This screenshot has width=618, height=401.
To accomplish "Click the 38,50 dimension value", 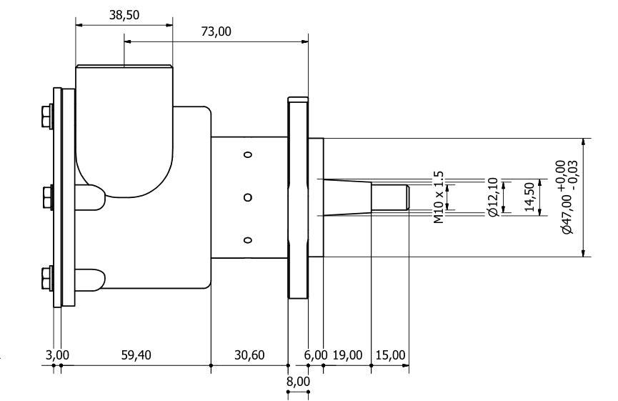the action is coord(124,15).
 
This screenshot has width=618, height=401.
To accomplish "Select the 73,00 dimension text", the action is coord(216,31).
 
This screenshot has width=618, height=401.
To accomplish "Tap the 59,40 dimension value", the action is coord(136,355).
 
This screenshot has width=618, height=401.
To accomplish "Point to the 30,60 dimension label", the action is coord(249,355).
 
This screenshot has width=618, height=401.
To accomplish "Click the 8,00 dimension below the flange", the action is coord(298,382).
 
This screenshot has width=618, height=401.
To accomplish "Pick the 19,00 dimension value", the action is coord(348,355).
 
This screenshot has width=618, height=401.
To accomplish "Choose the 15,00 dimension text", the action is coord(390,355).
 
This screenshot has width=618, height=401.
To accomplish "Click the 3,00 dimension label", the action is coord(57,355).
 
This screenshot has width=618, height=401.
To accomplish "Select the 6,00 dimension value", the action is coord(315,355).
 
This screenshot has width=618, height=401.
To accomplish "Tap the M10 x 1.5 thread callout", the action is coord(439,197).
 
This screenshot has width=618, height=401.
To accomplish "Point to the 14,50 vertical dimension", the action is coord(529,197).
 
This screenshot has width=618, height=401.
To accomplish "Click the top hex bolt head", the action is coord(46,116).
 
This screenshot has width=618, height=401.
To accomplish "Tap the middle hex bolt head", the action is coord(46,197).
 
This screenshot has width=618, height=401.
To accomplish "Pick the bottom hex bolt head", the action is coord(46,278).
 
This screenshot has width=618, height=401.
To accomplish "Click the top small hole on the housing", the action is coord(248,154).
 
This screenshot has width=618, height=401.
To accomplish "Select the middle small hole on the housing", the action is coord(248,197).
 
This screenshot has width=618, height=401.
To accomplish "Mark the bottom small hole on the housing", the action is coord(248,240).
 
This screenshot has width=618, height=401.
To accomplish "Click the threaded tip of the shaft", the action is coord(390,197).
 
